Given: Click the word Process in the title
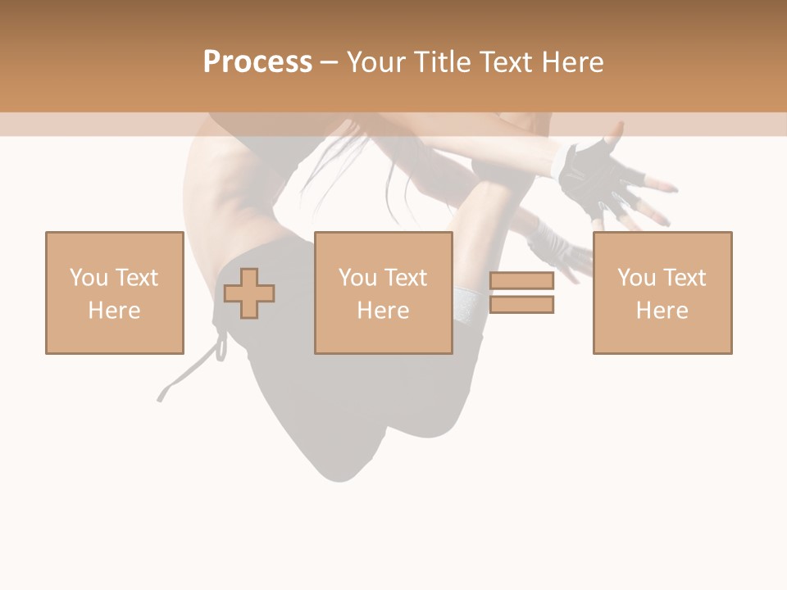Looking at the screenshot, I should tap(257, 62).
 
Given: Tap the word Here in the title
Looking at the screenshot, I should tap(571, 62).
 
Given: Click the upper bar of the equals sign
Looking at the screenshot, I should tap(521, 281).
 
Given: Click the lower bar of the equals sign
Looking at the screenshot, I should tap(521, 304).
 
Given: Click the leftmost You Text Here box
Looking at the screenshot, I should tap(114, 293).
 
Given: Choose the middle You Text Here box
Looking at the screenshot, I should tap(383, 293).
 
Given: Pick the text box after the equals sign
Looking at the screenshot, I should tap(662, 293).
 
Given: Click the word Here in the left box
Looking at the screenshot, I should tap(114, 311).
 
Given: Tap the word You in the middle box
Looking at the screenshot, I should tap(357, 278).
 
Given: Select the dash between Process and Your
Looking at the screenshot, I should tap(329, 62).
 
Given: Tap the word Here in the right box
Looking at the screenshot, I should tap(662, 311).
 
